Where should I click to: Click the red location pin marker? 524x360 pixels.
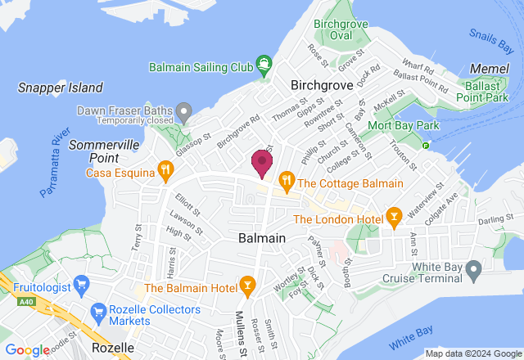[261, 163]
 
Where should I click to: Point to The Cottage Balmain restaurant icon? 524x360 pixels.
[286, 179]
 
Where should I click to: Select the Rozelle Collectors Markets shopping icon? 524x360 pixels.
[98, 312]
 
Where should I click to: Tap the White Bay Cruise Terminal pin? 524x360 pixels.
[472, 269]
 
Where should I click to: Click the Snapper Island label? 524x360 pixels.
[61, 88]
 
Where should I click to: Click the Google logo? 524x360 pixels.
[26, 350]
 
